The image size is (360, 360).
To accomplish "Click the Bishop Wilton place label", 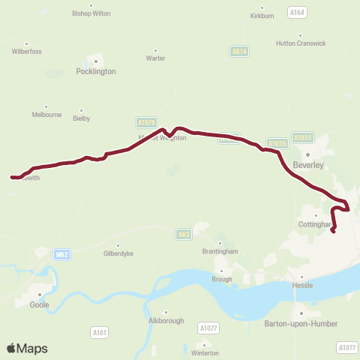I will click(91, 13).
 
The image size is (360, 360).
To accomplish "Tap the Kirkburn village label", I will click(262, 16).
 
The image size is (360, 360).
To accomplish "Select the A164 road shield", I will click(297, 12).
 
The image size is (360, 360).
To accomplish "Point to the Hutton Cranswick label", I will click(301, 43).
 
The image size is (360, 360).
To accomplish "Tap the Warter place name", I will click(156, 58).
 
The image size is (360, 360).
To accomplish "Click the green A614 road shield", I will click(239, 51).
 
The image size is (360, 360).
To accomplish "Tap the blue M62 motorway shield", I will click(62, 255).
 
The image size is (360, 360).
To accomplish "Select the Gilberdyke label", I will click(118, 253).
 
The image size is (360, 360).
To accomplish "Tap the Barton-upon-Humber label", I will click(301, 323).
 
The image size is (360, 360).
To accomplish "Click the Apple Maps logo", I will click(26, 349).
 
